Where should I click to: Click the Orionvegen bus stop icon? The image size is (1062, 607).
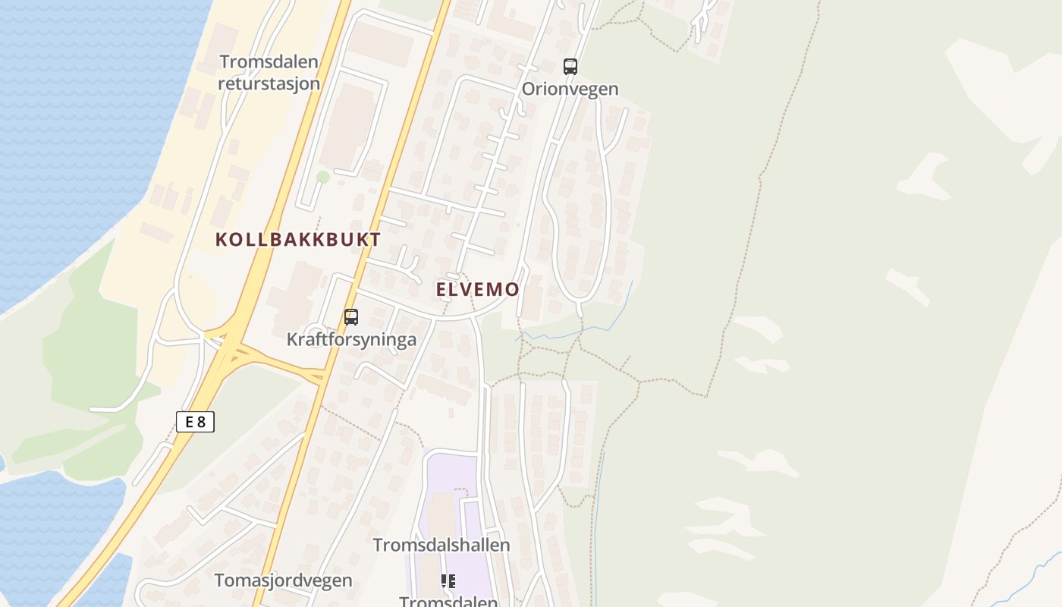tap(570, 67)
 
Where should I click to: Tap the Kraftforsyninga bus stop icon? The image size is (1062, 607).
tap(350, 317)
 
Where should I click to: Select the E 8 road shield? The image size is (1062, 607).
tap(196, 422)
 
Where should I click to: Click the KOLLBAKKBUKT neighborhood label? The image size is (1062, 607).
tap(298, 240)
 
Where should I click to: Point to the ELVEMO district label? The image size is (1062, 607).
tap(477, 289)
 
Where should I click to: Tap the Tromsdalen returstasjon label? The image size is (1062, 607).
tap(269, 72)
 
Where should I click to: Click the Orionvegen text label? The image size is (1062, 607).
tap(570, 89)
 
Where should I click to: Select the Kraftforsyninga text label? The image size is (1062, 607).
tap(351, 339)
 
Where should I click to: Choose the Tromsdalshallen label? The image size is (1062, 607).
tap(441, 545)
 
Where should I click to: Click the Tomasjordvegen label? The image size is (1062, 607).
tap(283, 580)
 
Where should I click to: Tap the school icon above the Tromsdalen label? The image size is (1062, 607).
tap(448, 581)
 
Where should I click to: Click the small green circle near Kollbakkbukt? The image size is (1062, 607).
tap(323, 177)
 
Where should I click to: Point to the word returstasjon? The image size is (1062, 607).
tap(269, 83)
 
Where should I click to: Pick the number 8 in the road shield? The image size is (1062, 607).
tap(201, 422)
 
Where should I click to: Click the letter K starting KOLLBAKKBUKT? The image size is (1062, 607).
tap(221, 240)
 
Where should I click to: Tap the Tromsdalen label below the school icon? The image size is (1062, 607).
tap(448, 602)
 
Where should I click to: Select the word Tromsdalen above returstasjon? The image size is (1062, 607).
tap(269, 61)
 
